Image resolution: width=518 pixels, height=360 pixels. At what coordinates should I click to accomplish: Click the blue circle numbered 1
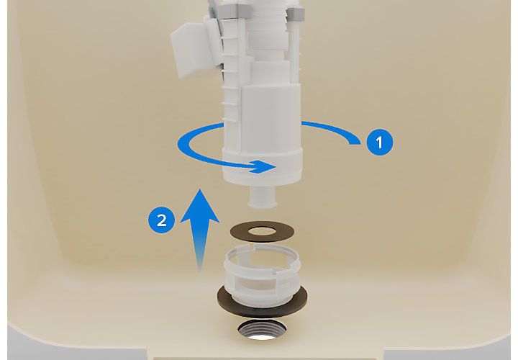coord(379,142)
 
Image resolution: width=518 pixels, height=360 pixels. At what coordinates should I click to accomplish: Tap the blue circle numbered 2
coord(161,219)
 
